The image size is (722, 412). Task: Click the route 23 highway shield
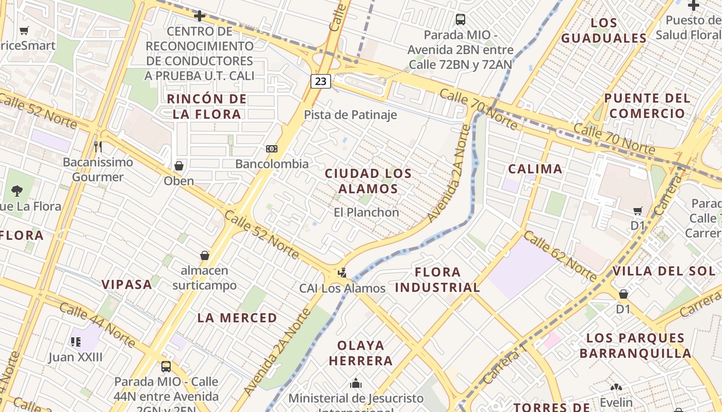321,81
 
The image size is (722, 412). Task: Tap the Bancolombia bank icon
272,149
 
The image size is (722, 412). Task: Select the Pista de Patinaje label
350,115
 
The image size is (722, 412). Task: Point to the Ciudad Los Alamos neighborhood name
368,181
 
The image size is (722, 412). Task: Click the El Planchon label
366,212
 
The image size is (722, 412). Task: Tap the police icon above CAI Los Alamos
341,272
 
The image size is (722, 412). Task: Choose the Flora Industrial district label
438,280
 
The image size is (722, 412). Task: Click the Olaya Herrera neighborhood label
361,353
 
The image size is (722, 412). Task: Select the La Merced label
237,318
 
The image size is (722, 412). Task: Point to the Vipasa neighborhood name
126,284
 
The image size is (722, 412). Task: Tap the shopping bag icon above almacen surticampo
205,255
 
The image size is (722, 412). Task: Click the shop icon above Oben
179,166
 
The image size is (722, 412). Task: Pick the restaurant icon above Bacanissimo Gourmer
98,147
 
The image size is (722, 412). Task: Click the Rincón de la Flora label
207,107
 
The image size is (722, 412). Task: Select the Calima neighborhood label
535,169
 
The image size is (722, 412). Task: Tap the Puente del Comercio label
646,106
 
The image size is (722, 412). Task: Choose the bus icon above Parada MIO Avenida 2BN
461,20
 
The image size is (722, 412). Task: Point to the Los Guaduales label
603,30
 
